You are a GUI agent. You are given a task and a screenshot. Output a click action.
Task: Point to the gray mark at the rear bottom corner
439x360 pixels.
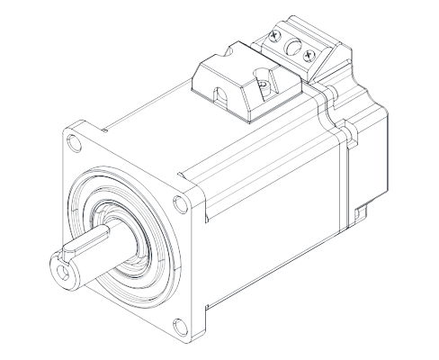click(364, 212)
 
